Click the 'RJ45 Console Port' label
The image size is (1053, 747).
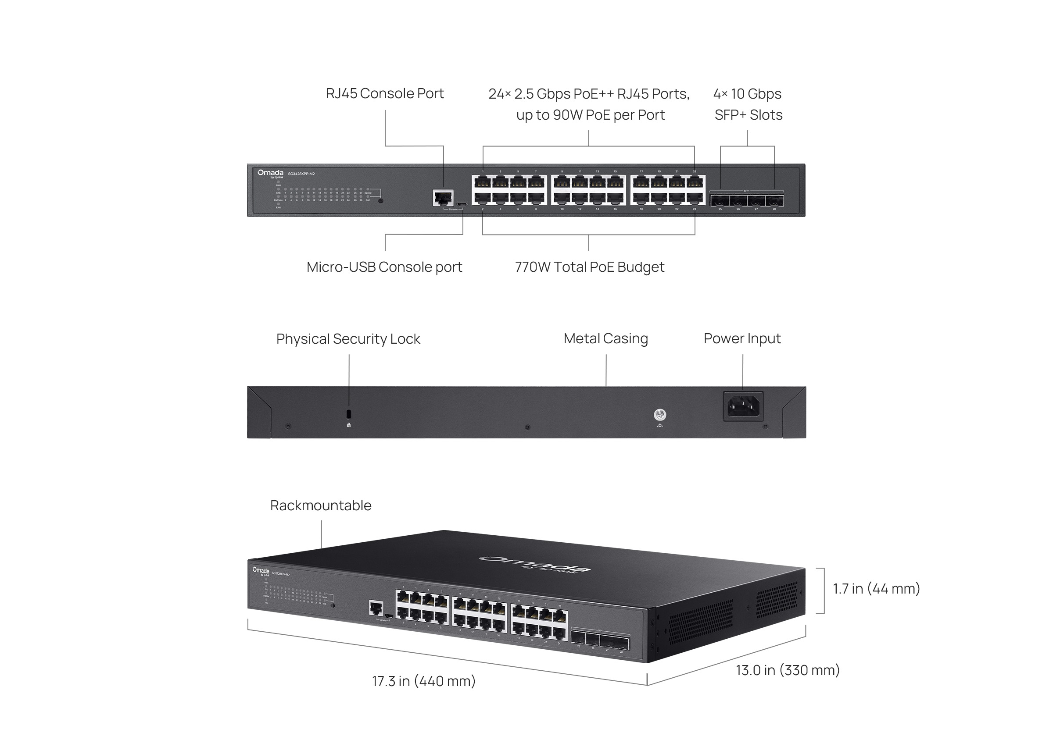(x=385, y=93)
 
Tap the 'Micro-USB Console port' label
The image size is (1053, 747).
(x=384, y=267)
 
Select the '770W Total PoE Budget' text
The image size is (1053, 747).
(x=590, y=267)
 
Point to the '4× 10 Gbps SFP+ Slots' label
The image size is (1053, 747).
(x=748, y=104)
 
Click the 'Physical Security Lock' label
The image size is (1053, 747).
(x=348, y=338)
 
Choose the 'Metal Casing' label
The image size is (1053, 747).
(x=605, y=338)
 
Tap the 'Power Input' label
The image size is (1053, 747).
(x=742, y=338)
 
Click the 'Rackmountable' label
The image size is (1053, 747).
(x=321, y=505)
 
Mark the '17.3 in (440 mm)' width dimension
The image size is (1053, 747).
(x=424, y=681)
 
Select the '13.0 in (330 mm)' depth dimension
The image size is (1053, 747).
(x=788, y=670)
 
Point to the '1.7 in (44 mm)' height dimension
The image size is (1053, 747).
(x=876, y=589)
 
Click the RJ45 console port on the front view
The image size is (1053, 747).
(x=443, y=198)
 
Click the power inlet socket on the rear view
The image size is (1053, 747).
(x=743, y=406)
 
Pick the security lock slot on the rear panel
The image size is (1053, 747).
(x=348, y=413)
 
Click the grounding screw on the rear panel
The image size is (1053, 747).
(x=660, y=414)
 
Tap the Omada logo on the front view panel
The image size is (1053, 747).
(x=271, y=174)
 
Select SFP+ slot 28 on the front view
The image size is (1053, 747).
(x=774, y=200)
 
